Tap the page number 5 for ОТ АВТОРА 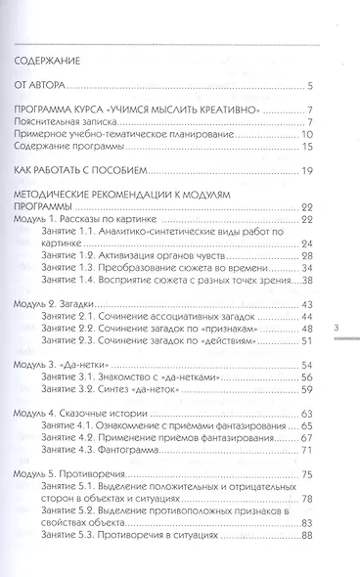point(309,86)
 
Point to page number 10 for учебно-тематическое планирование point(306,134)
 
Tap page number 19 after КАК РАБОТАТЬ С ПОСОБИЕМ point(306,172)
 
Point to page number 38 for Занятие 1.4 point(305,281)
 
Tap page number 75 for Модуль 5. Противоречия point(306,474)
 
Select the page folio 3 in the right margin point(337,329)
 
